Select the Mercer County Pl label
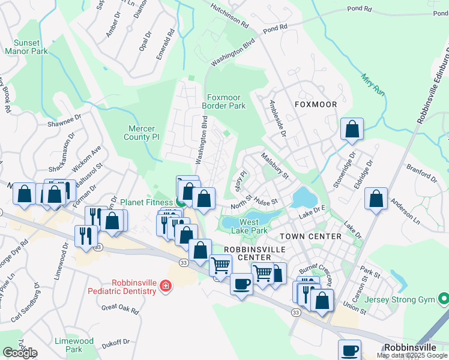(142, 133)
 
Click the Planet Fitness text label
(146, 202)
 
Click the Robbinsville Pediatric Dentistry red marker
(164, 287)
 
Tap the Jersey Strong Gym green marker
(443, 298)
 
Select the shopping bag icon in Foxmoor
(352, 129)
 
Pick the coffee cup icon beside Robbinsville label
(349, 350)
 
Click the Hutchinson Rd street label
(229, 16)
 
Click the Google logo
(20, 353)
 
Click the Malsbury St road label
(274, 166)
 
